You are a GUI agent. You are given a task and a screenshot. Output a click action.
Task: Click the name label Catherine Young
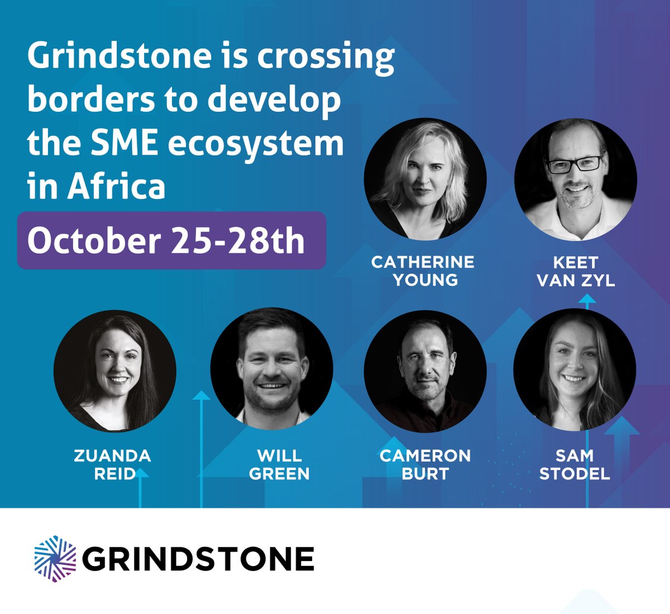pyautogui.click(x=423, y=270)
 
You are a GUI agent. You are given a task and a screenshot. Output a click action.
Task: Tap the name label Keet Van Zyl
pyautogui.click(x=576, y=271)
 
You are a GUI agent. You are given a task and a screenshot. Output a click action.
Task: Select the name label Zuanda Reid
pyautogui.click(x=112, y=464)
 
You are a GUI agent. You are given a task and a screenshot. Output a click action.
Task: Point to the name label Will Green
pyautogui.click(x=279, y=464)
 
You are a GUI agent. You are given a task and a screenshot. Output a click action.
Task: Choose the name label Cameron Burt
pyautogui.click(x=425, y=464)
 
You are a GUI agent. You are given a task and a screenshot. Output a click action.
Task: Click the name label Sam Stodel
pyautogui.click(x=575, y=464)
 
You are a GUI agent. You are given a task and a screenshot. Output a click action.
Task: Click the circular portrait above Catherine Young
pyautogui.click(x=425, y=179)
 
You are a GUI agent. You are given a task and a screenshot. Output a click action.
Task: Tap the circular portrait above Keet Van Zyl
pyautogui.click(x=576, y=179)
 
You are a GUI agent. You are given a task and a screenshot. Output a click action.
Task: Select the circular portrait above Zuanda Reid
pyautogui.click(x=115, y=371)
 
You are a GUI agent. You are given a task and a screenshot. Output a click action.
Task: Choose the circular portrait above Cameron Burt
pyautogui.click(x=425, y=371)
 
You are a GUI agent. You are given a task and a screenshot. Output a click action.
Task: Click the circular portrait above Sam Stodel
pyautogui.click(x=575, y=371)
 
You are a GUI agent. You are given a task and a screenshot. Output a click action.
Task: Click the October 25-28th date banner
pyautogui.click(x=171, y=241)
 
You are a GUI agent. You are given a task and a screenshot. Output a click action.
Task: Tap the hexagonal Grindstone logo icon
pyautogui.click(x=55, y=559)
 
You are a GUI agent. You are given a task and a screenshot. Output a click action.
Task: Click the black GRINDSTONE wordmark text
pyautogui.click(x=198, y=559)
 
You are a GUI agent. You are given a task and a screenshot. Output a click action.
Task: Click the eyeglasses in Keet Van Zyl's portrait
pyautogui.click(x=575, y=164)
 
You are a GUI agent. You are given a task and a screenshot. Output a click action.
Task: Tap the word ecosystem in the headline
pyautogui.click(x=256, y=143)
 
